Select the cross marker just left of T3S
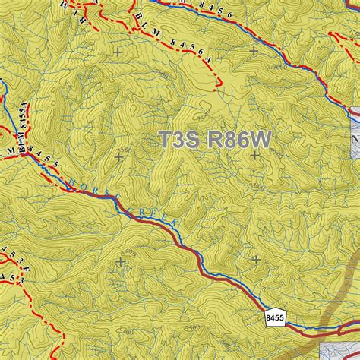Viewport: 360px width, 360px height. coord(118,156)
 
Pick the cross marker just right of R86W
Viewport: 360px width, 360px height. coord(254,155)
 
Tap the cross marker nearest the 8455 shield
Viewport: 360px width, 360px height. coord(256,260)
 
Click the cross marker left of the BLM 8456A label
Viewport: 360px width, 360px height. coord(117,52)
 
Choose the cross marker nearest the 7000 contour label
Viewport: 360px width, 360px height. coord(253,52)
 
